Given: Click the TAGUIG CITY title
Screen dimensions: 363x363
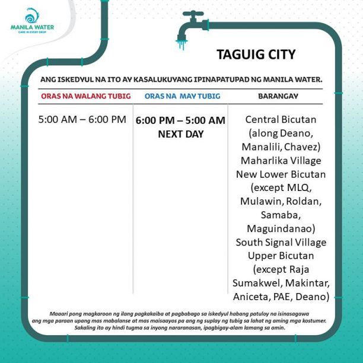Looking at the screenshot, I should pos(256,55).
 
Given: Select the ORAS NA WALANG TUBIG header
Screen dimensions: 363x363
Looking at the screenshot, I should pos(86,96).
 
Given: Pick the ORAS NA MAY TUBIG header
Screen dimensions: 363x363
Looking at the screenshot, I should pos(182,96).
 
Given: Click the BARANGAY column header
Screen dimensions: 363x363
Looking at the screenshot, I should pos(278,96).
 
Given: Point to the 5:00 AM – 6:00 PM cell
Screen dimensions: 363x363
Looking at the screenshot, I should pos(82,119).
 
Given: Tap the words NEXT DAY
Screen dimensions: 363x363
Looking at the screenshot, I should pos(180,134).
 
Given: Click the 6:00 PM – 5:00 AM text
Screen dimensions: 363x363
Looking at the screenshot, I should pos(180,120).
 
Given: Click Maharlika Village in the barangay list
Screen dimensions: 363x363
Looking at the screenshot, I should pos(281,160).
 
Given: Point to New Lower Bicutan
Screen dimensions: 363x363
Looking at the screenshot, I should pos(281,174).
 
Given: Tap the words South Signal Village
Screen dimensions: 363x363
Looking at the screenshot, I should pos(281,242).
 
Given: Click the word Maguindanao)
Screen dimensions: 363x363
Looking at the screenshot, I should pos(281,228).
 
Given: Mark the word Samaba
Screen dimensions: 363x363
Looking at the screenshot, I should pos(281,215).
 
